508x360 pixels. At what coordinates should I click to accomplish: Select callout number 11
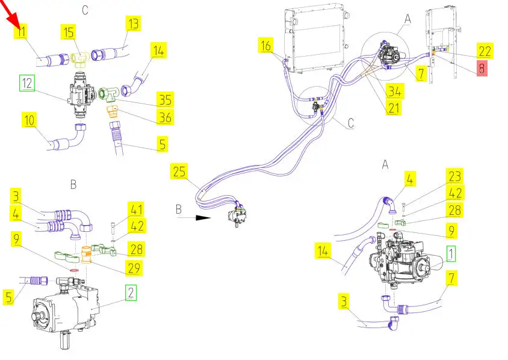coord(22,32)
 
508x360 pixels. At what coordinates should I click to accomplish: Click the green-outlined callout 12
coord(27,84)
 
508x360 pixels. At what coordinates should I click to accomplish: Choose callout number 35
coord(165,99)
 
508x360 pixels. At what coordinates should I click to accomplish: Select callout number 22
coord(485,51)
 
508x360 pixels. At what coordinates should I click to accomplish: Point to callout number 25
coord(178,171)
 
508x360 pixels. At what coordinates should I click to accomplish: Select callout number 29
coord(136,265)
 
